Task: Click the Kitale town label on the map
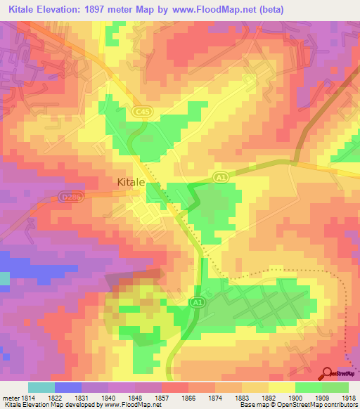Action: pos(131,182)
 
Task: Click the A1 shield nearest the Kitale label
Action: pos(220,178)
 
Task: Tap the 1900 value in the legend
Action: pos(295,397)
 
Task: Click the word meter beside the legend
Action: pos(9,397)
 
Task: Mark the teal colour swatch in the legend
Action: pos(41,387)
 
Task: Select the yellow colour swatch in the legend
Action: pos(281,387)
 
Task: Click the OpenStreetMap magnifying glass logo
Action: pos(327,375)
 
